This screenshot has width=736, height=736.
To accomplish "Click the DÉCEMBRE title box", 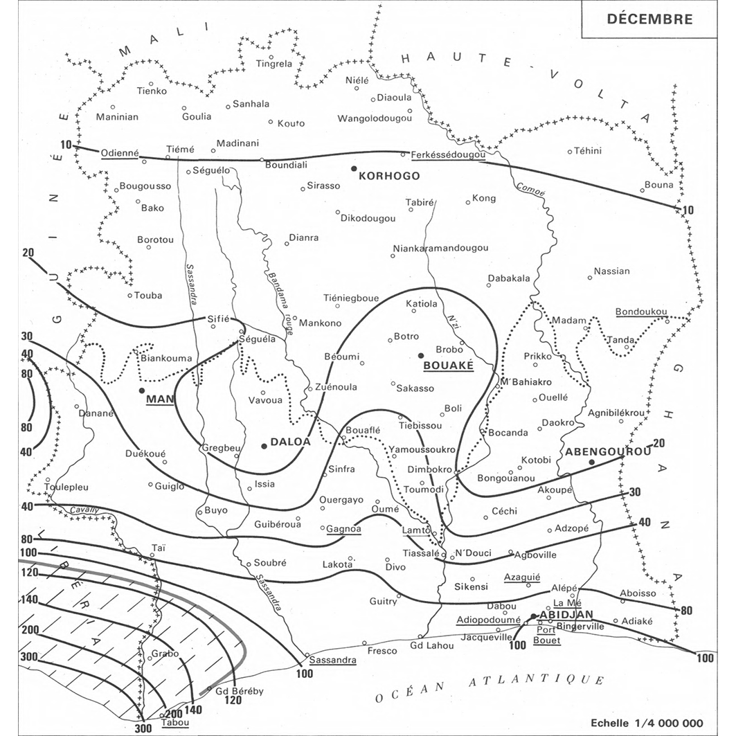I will coord(649,19).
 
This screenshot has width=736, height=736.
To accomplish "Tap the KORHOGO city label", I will coord(390,176).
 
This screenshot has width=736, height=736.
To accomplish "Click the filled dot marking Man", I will coord(142,391).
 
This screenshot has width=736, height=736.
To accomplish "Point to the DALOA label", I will coord(290,441).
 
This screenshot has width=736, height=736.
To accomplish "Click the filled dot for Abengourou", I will coord(591,462).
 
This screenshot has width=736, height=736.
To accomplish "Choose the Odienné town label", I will coord(120,153).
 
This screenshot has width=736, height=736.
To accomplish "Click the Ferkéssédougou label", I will coord(447,154).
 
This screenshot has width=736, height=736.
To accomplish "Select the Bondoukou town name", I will coord(640,312).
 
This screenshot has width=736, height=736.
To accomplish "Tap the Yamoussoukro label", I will coord(421,449).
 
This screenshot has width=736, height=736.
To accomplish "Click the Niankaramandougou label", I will coord(440,248).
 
